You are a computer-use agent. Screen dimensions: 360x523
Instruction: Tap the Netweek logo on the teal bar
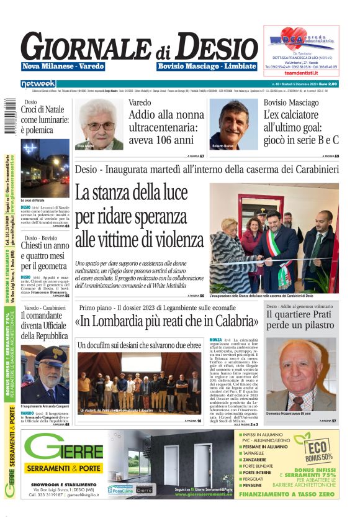38,83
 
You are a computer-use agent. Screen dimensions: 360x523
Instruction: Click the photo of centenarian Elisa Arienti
99,124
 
